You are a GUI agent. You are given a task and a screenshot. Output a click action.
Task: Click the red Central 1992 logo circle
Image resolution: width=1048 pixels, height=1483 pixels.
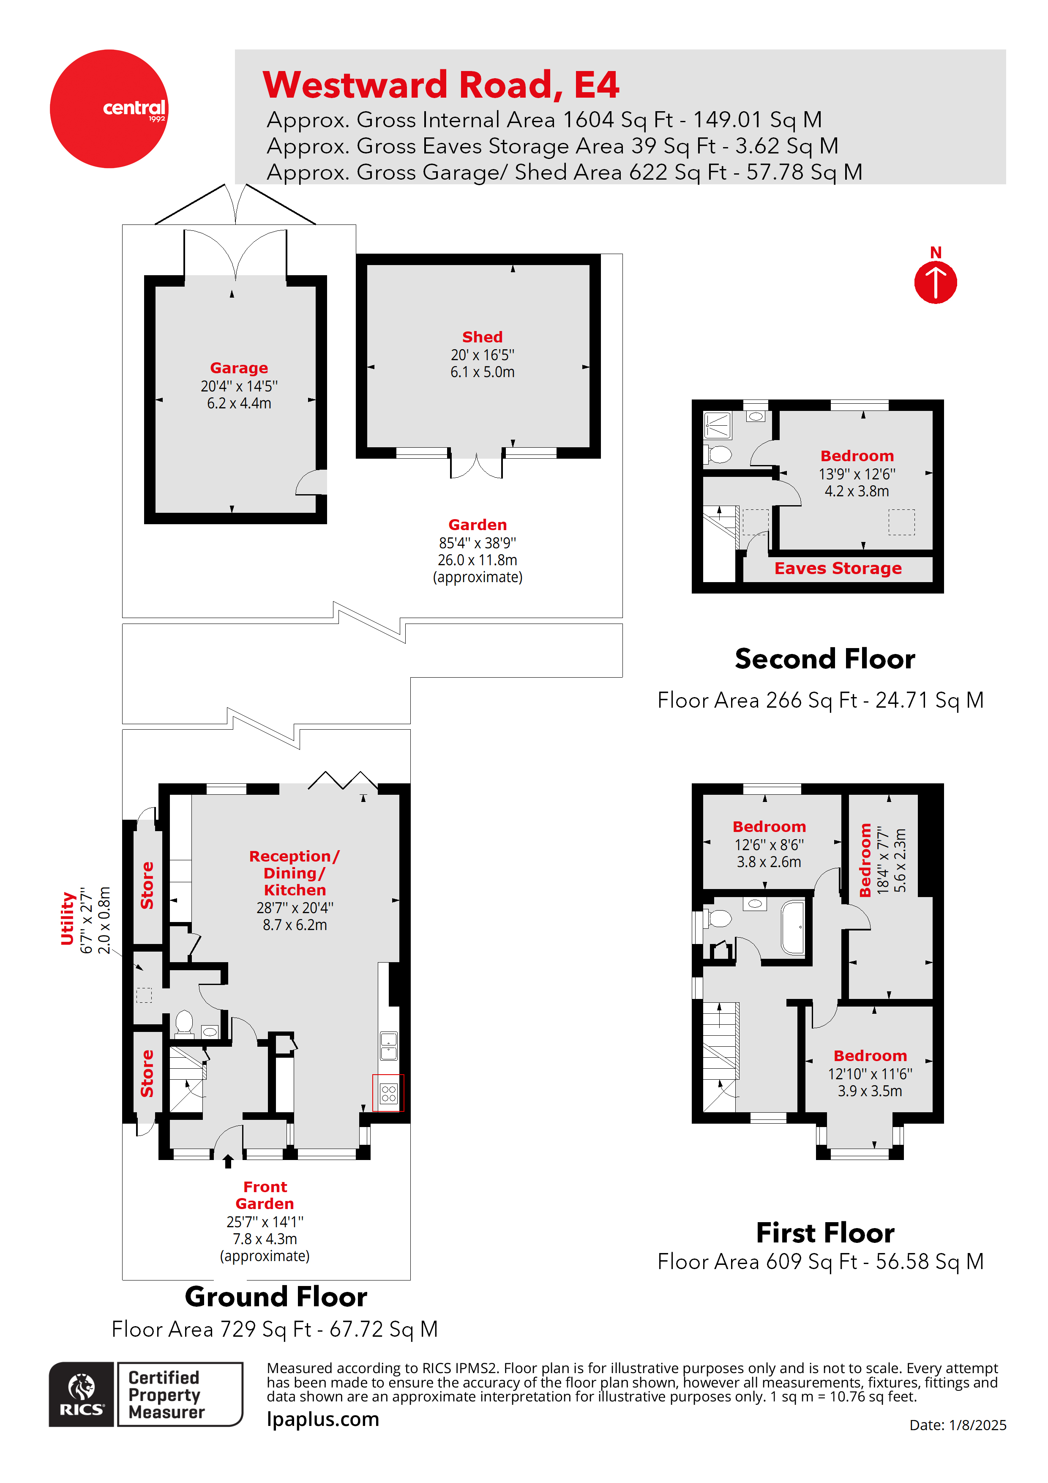coord(109,109)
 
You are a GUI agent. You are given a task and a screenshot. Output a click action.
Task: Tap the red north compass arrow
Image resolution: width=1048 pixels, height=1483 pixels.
coord(935,282)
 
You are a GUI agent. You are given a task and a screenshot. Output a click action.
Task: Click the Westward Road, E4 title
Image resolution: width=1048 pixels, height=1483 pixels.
coord(441,85)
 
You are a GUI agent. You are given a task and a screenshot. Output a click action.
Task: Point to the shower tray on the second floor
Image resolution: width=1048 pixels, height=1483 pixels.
coord(718,426)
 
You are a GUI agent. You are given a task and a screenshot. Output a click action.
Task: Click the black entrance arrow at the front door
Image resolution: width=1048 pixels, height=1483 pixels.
coord(228,1161)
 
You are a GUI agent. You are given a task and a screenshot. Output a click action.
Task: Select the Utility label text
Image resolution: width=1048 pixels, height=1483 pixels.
coord(67,919)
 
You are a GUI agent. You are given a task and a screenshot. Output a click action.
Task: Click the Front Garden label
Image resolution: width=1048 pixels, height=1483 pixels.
coord(265,1195)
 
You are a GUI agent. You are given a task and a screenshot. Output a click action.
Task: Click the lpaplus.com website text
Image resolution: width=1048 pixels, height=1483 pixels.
coord(323,1420)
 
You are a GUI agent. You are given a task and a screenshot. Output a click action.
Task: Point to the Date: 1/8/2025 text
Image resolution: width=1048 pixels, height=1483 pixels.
coord(958,1425)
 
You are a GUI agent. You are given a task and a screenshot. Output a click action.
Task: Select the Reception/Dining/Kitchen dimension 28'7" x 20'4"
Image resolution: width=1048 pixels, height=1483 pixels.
coord(295,908)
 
